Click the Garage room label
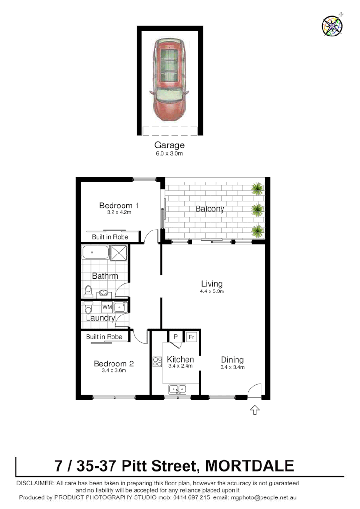(169, 145)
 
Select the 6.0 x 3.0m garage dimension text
(169, 154)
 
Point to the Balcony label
(210, 209)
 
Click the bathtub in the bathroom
(95, 253)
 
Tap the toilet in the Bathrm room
(88, 291)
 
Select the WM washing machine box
(106, 307)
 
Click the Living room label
(212, 284)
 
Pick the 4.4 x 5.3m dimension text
(212, 291)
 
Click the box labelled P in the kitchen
(175, 337)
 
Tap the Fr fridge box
(191, 337)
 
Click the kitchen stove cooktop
(157, 362)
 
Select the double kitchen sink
(177, 389)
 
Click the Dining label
(232, 360)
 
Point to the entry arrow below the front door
(255, 410)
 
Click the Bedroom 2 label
(113, 364)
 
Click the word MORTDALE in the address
(249, 466)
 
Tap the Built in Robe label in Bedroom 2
(104, 337)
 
